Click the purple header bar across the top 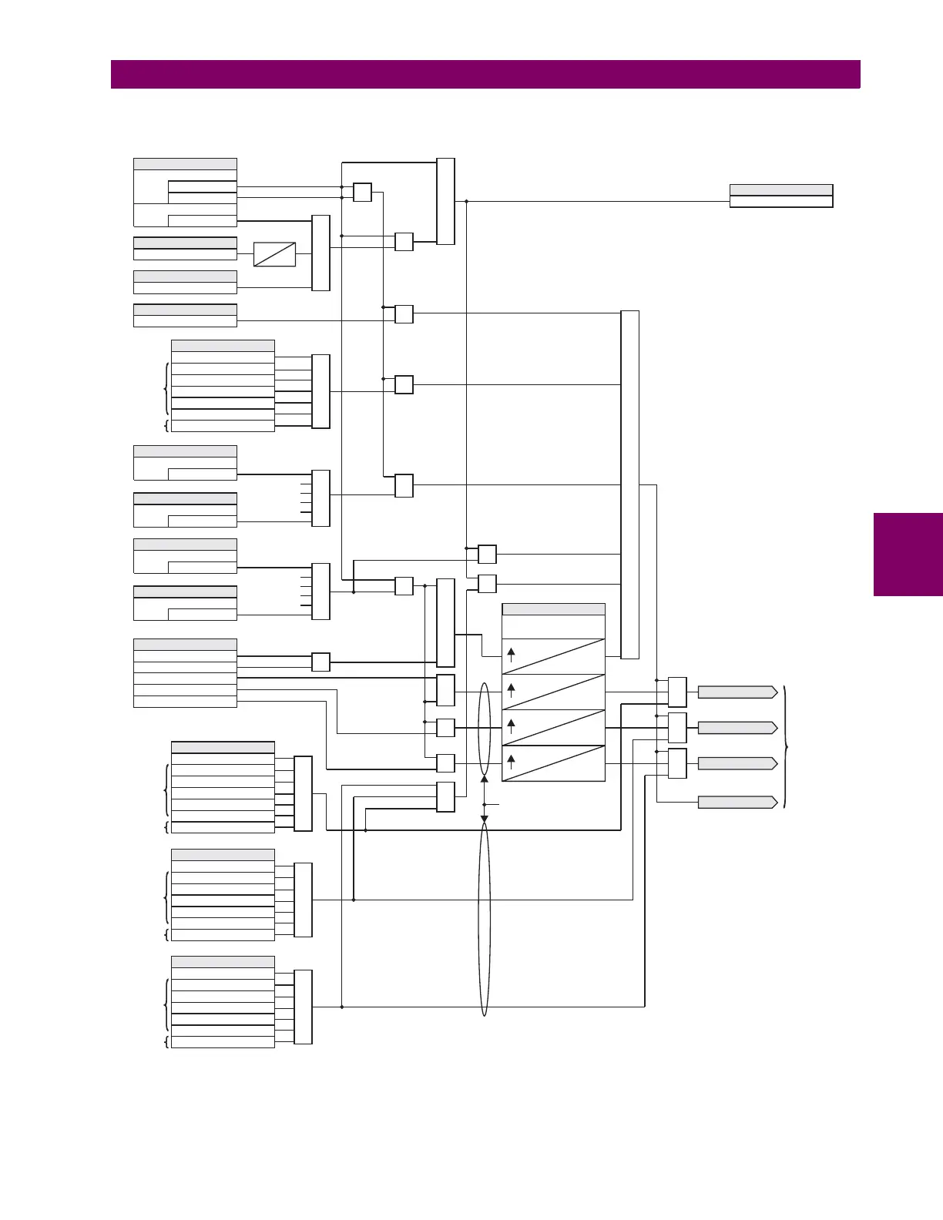point(485,75)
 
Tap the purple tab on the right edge point(908,555)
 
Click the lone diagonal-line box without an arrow point(274,254)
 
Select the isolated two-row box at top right point(780,196)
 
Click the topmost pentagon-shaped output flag point(737,692)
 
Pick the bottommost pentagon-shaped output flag point(737,802)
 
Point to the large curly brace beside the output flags point(785,746)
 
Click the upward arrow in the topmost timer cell point(511,655)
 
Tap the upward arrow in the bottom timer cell point(511,762)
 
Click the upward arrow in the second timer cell point(511,690)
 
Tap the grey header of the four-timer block point(553,609)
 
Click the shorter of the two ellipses point(484,729)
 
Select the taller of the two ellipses point(484,919)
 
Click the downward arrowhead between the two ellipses point(484,819)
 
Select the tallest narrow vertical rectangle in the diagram point(629,484)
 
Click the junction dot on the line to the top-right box point(466,202)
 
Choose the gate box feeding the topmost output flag point(677,692)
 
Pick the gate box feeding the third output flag point(677,763)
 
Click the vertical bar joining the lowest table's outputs point(303,1007)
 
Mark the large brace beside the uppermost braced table point(166,389)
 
